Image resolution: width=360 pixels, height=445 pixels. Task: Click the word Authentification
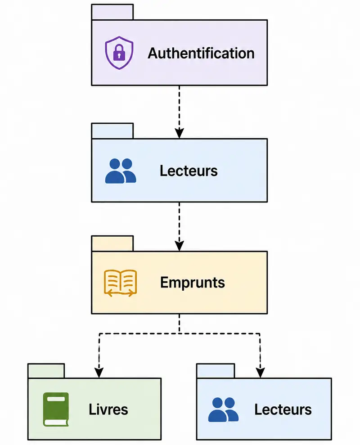201,54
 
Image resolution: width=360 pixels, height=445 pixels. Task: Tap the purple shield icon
119,53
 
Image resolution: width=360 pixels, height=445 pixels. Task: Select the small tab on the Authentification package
112,12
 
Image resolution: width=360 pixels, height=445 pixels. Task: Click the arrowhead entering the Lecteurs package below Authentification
179,133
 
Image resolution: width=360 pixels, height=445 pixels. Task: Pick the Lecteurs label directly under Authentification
189,171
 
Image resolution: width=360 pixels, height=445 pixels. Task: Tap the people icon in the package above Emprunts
121,171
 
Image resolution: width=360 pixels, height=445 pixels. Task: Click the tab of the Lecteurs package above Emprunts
112,131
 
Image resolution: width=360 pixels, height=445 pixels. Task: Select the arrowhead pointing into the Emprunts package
179,246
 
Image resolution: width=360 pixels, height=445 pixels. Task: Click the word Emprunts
193,283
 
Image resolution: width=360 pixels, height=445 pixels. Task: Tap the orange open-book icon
121,283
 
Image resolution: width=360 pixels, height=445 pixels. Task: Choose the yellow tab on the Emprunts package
112,243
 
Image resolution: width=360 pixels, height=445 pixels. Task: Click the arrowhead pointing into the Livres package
99,373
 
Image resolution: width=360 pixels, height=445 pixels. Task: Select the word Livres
108,409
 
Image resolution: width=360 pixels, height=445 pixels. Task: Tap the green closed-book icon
56,409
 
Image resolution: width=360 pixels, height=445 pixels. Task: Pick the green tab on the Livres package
46,371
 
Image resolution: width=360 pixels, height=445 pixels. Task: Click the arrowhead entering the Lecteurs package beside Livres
260,373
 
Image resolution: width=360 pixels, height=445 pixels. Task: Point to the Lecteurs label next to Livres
283,409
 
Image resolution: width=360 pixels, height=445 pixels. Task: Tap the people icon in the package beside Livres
224,409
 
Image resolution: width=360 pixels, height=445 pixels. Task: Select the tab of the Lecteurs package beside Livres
216,371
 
